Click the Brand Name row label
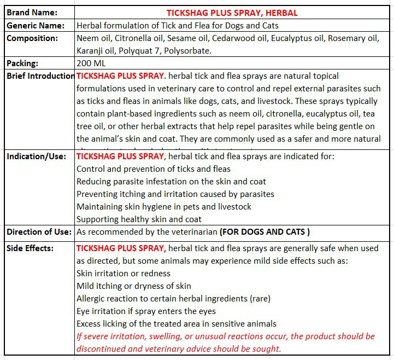coord(32,13)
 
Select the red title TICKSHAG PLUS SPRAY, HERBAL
coord(232,13)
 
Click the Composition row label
coord(32,38)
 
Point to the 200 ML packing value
coord(91,63)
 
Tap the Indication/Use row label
coord(36,156)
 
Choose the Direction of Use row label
coord(39,232)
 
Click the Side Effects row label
coord(30,248)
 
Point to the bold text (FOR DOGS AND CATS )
coord(264,232)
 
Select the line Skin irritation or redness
coord(124,274)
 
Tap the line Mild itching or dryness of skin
coord(134,286)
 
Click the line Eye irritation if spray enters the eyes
coord(146,311)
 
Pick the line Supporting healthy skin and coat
coord(139,219)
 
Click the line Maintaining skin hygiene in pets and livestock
coord(164,207)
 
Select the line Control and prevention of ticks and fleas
coord(154,169)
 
